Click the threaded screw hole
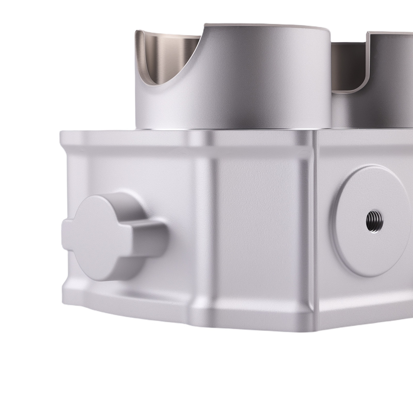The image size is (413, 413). pos(374,222)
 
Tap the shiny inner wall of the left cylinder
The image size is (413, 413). pos(165,54)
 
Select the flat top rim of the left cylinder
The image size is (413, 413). pos(264,27)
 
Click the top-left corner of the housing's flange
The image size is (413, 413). pos(62,133)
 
